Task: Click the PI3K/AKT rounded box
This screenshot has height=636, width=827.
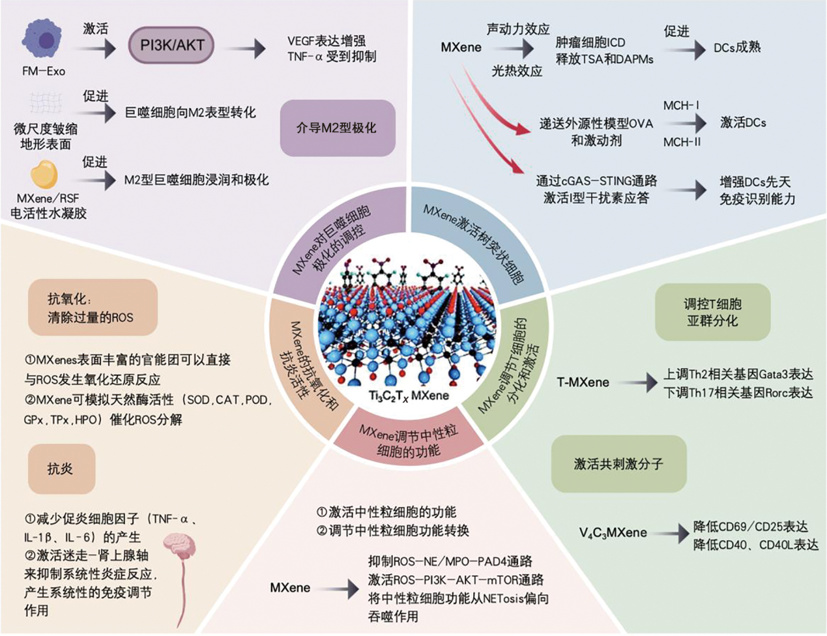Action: (173, 46)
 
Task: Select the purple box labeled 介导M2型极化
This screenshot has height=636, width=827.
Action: (337, 128)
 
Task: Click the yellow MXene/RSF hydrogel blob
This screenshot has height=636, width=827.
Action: (44, 175)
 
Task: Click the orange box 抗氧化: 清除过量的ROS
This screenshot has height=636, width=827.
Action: (92, 308)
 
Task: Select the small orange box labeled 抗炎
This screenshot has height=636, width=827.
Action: (61, 469)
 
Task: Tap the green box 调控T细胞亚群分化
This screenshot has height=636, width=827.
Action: (712, 312)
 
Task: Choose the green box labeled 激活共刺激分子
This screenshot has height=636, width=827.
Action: (618, 463)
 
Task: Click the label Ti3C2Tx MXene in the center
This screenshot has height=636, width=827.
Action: (409, 396)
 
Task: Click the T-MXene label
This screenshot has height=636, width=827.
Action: (583, 383)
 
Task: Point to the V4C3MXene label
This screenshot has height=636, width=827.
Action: (613, 533)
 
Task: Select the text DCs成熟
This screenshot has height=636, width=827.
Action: (736, 48)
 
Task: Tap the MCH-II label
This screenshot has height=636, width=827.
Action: (682, 141)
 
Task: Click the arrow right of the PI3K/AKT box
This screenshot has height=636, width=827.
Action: (250, 48)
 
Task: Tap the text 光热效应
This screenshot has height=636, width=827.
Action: (516, 71)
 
